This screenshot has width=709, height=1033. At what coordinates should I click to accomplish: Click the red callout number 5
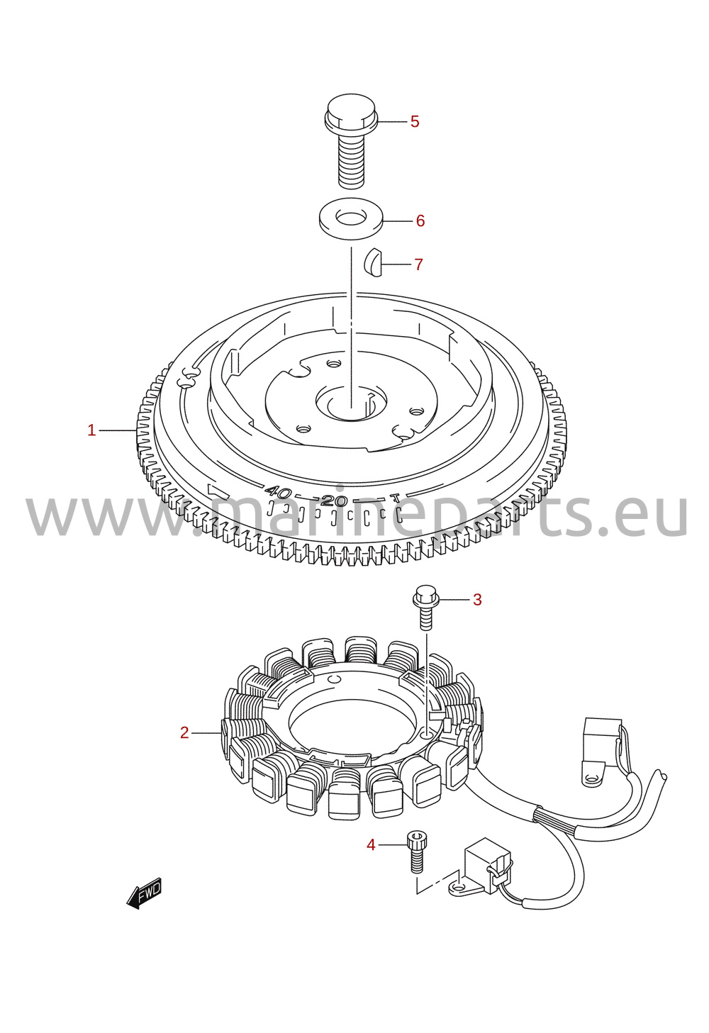tap(415, 122)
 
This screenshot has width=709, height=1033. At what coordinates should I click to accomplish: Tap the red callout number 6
tap(420, 221)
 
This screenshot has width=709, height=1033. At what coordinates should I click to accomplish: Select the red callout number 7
tap(418, 264)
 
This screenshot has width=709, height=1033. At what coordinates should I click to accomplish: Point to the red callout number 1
tap(91, 430)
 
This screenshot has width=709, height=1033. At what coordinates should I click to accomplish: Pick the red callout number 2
tap(184, 732)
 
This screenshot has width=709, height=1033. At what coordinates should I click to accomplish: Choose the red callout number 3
tap(477, 600)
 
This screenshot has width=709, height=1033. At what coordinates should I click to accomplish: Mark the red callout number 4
tap(371, 845)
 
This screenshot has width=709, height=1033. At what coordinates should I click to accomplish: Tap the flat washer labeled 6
tap(352, 218)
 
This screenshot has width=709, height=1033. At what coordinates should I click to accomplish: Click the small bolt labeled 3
tap(425, 606)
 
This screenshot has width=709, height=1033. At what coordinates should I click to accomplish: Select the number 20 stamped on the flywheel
tap(335, 501)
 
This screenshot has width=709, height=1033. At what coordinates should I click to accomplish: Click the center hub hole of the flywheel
tap(352, 402)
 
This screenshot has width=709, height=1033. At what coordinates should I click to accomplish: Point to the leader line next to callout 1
tap(118, 430)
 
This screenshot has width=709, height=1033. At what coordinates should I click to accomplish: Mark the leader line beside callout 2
tap(206, 732)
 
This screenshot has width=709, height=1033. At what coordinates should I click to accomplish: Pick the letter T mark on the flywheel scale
tap(395, 498)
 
